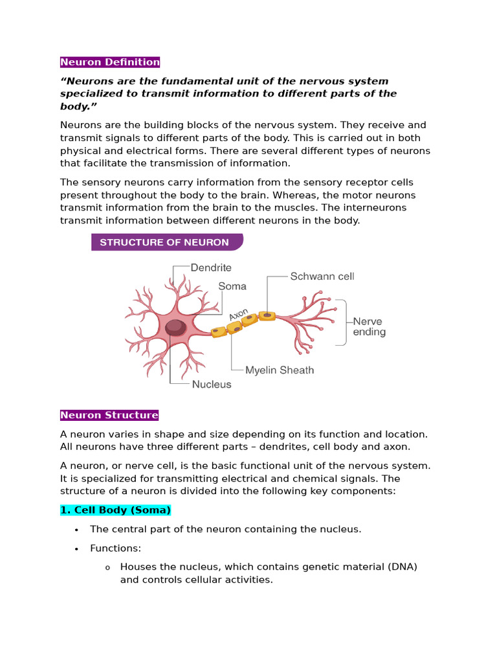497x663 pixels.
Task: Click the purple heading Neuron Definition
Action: tap(110, 62)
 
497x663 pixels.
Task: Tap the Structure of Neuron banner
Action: tap(164, 242)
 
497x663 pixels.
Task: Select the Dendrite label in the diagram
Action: tap(211, 267)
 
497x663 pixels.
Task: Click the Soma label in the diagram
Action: tap(232, 286)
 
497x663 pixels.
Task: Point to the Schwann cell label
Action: tap(322, 276)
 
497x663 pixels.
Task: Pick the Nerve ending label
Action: tap(369, 327)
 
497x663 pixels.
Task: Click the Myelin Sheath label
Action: tap(280, 370)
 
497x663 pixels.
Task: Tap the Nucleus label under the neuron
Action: tap(212, 385)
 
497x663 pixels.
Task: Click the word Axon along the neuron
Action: tap(237, 314)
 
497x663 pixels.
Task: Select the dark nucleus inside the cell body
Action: tap(175, 328)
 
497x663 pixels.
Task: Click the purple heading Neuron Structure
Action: tap(109, 415)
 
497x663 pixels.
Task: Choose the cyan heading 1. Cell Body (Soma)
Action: tap(115, 510)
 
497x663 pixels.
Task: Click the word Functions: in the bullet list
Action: tap(115, 548)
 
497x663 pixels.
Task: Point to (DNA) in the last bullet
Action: tap(403, 567)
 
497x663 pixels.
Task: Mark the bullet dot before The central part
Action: tap(76, 530)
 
